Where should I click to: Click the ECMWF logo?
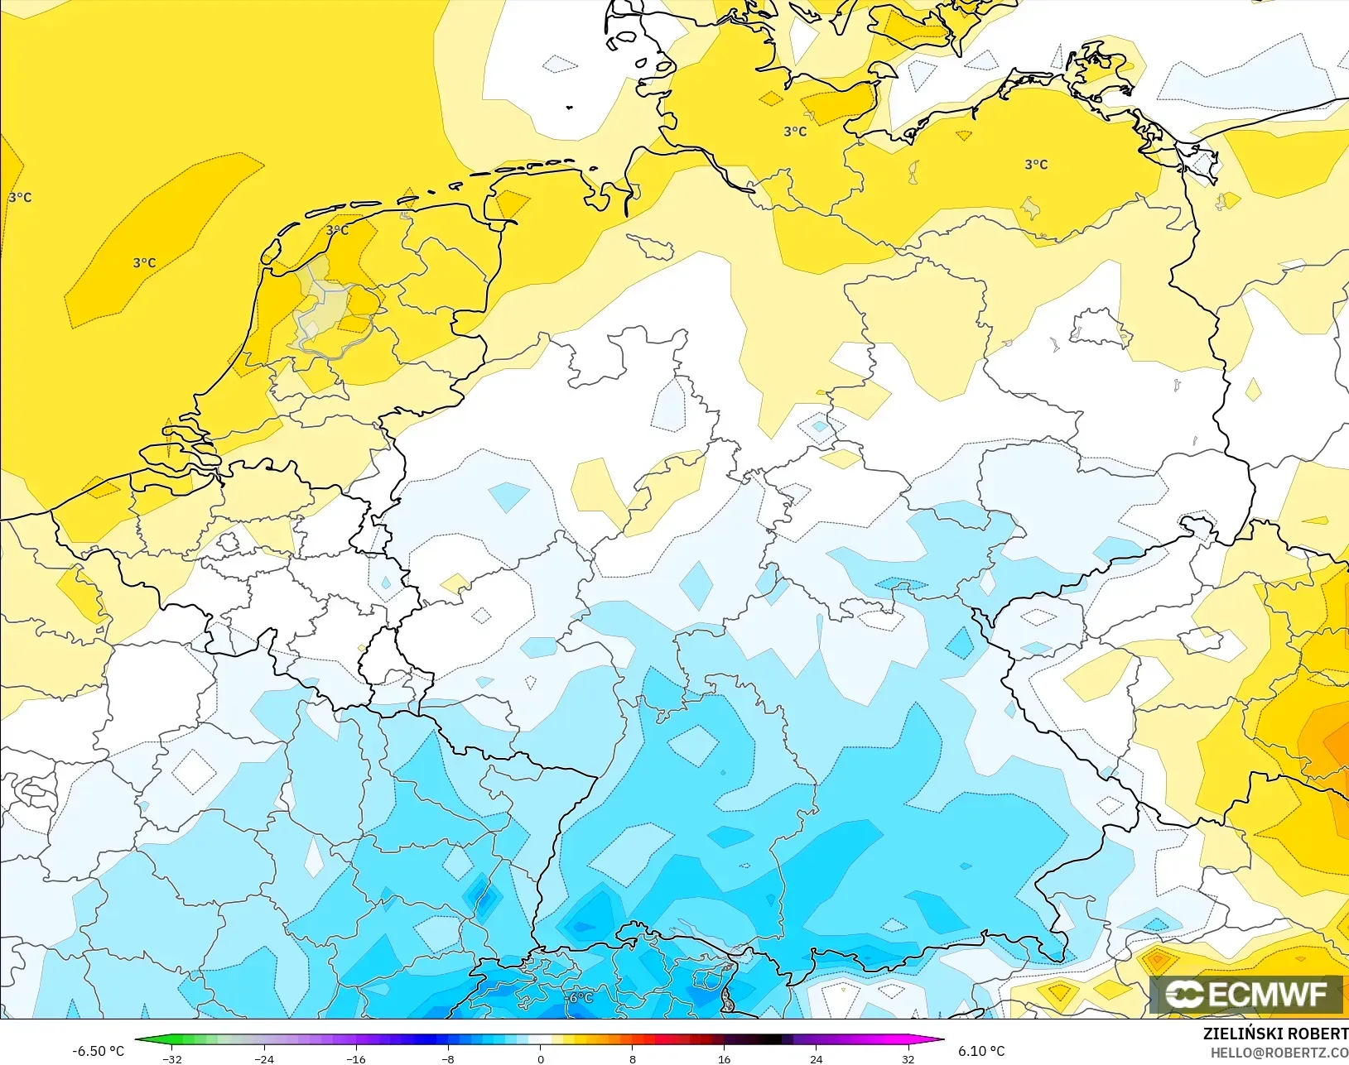tap(1245, 994)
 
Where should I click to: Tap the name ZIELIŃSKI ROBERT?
tap(1274, 1034)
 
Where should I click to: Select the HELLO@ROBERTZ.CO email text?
tap(1279, 1053)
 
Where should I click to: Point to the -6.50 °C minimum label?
tap(98, 1051)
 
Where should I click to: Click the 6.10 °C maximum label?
tap(981, 1051)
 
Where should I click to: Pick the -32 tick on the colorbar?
tap(172, 1058)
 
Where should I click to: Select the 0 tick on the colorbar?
tap(540, 1058)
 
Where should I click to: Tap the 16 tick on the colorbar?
tap(724, 1058)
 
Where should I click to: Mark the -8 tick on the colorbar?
tap(448, 1058)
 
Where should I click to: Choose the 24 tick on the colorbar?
tap(816, 1058)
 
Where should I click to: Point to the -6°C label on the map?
tap(580, 997)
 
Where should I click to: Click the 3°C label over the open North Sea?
tap(144, 262)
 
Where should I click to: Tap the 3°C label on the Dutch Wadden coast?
tap(337, 230)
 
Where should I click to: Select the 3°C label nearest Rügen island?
tap(1036, 164)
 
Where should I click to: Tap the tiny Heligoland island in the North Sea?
tap(570, 107)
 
